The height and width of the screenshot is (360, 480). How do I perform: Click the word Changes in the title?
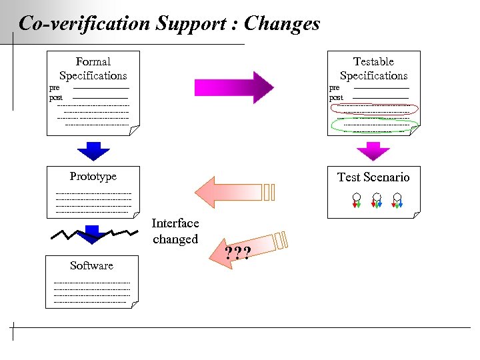(282, 24)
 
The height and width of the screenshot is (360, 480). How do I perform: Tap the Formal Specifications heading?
(93, 69)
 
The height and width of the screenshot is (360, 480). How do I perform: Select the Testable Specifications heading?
(373, 69)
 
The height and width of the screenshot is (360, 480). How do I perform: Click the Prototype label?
(93, 176)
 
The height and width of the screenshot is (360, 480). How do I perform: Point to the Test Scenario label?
(373, 177)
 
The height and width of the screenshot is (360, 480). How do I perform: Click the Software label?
(91, 265)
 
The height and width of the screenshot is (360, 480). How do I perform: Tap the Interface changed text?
(175, 231)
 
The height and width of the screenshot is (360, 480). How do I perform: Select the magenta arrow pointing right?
(233, 87)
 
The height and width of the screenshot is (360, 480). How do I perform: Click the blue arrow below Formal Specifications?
(93, 151)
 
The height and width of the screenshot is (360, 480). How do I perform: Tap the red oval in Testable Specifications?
(375, 109)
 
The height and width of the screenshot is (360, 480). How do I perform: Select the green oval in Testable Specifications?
(375, 125)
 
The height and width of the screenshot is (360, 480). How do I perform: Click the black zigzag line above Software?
(93, 234)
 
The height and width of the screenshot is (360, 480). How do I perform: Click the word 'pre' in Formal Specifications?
(55, 87)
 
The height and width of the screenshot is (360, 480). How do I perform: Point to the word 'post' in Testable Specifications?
(336, 98)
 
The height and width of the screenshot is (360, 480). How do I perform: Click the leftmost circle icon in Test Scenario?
(357, 198)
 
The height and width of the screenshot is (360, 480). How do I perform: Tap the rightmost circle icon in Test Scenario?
(397, 198)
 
